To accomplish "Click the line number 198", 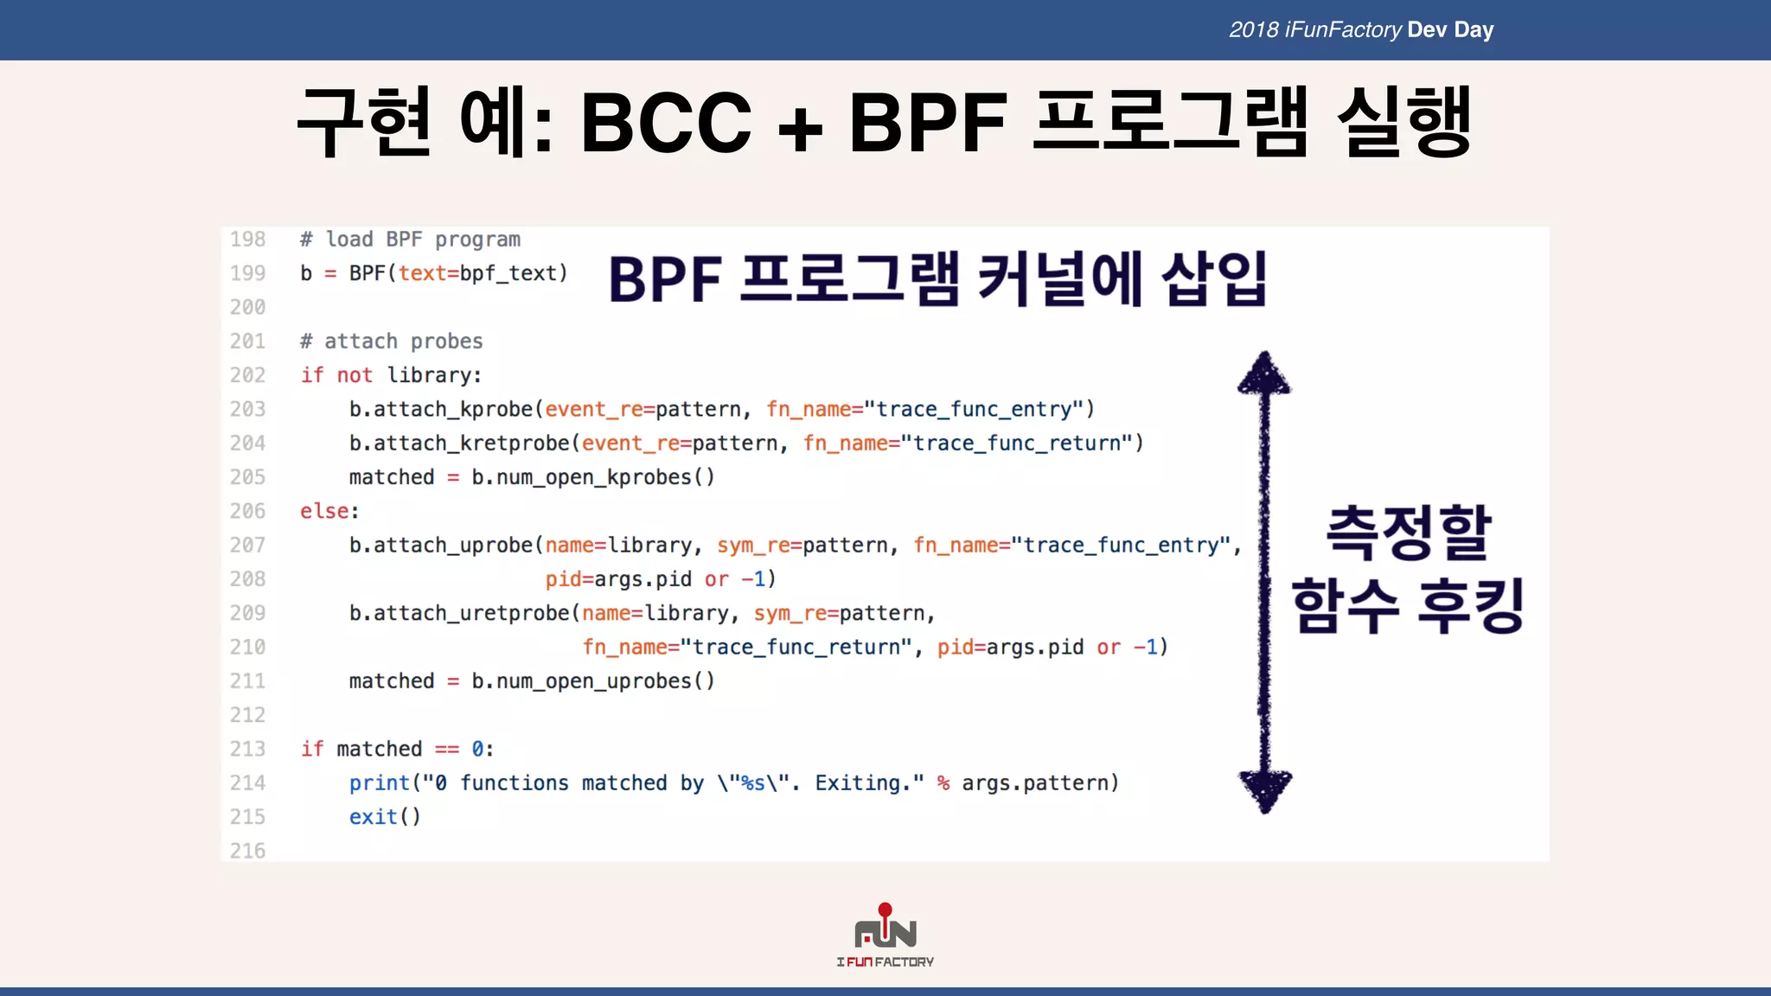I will [247, 239].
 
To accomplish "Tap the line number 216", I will [247, 851].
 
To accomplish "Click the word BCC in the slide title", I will [666, 123].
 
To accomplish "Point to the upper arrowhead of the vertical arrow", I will [1264, 373].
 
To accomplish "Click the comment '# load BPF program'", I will [410, 239].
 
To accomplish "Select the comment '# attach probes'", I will [391, 342].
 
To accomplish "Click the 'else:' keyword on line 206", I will [329, 511].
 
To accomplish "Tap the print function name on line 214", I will [379, 783].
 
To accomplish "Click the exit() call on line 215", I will [384, 817].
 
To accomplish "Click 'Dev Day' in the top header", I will [1449, 30].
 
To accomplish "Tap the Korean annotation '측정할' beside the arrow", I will [1409, 533].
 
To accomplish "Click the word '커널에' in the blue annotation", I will [1061, 279].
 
